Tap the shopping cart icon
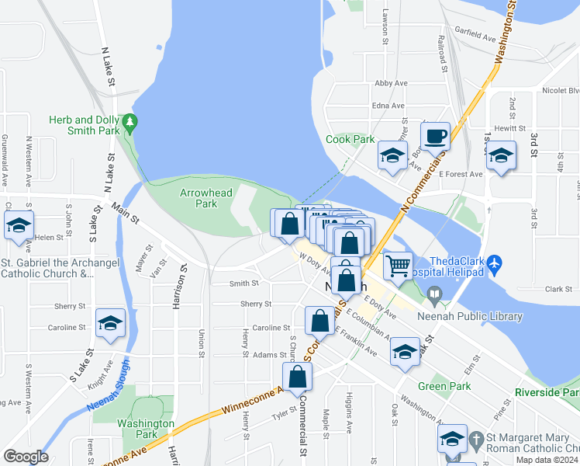[x=398, y=266]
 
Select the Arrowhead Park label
[x=198, y=197]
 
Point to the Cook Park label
[x=350, y=140]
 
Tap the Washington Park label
[x=145, y=429]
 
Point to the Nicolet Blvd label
[x=560, y=90]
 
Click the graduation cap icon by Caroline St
[x=111, y=323]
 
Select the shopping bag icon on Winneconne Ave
[x=297, y=377]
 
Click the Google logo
[x=26, y=457]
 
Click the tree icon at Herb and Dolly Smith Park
[x=130, y=121]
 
